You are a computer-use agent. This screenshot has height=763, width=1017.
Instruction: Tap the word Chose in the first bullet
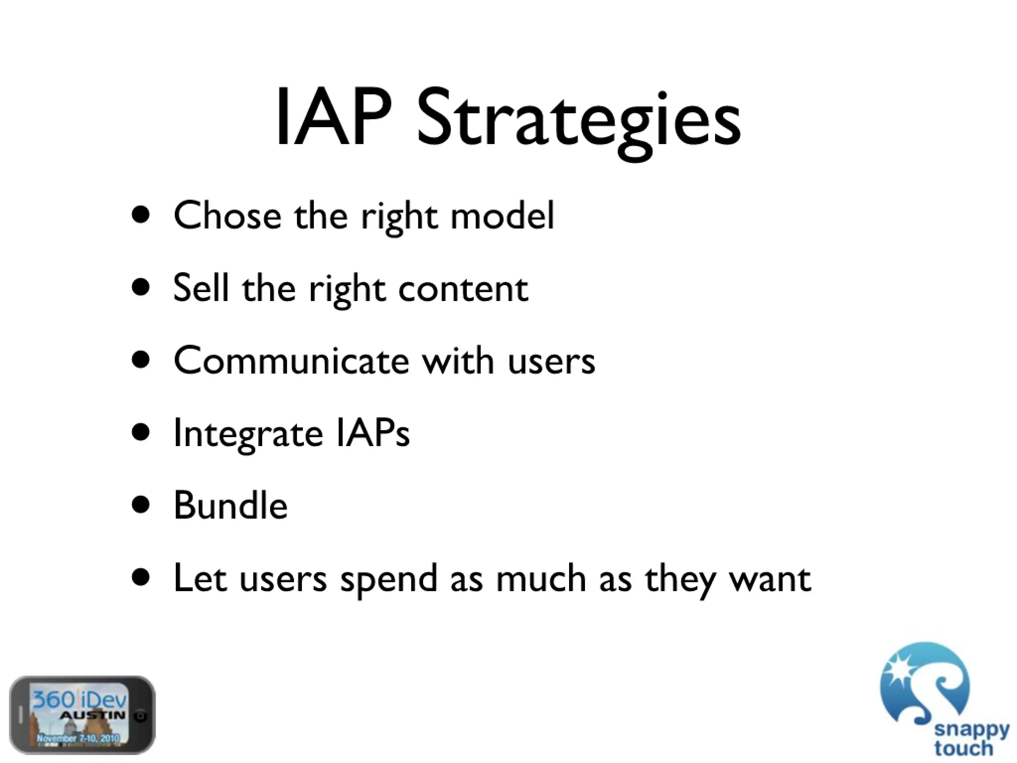(x=227, y=216)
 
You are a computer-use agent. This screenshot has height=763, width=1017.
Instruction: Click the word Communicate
(x=291, y=361)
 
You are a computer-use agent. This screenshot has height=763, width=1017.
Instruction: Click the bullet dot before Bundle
(x=141, y=505)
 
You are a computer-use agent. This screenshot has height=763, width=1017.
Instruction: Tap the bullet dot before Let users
(x=141, y=578)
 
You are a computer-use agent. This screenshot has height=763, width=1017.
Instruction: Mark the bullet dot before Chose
(x=141, y=215)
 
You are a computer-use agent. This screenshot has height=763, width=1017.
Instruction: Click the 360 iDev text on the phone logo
(x=79, y=700)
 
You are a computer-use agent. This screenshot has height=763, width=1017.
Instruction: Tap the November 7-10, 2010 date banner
(x=78, y=738)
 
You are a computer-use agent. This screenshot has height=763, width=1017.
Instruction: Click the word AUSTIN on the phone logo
(x=92, y=716)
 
